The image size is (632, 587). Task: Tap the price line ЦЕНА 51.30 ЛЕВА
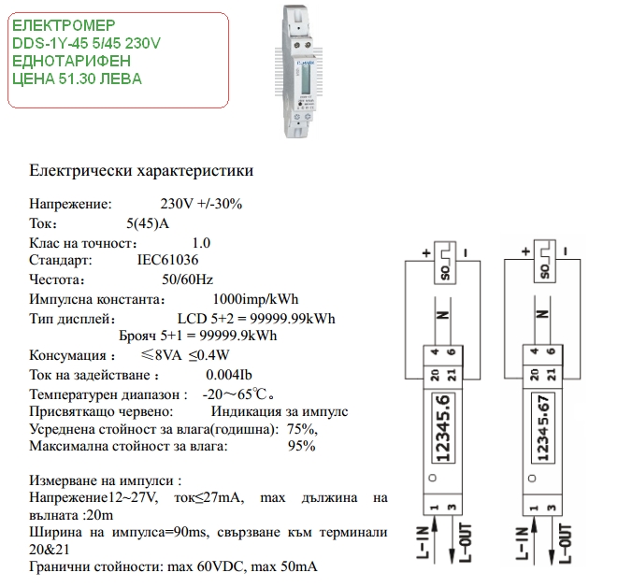point(78,79)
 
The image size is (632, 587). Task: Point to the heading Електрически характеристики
point(141,171)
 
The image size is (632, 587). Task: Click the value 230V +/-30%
point(201,204)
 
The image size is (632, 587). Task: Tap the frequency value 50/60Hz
point(187,279)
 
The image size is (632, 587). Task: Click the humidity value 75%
point(302,428)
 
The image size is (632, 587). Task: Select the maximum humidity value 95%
point(301,446)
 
